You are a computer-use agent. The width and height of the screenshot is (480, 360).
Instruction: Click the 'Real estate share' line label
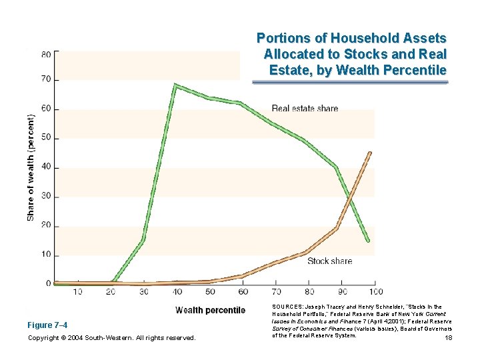pos(305,109)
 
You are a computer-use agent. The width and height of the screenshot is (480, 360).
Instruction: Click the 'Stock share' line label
pos(329,261)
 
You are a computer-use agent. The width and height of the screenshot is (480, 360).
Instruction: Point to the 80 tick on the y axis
pos(46,55)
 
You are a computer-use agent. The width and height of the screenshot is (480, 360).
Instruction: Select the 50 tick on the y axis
pos(46,139)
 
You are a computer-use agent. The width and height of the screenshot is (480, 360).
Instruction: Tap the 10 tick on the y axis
pos(46,255)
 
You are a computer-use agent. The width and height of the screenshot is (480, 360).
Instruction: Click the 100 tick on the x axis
pos(375,292)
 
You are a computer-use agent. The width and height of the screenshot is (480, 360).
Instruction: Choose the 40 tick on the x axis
pos(177,292)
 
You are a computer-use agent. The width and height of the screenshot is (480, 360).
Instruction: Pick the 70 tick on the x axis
pos(276,292)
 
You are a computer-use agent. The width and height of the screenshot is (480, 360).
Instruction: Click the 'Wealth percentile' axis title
pos(210,310)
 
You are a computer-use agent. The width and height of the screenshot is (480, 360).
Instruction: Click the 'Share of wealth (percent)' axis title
pos(31,167)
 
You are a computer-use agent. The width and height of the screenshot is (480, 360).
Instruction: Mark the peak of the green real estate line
pos(175,85)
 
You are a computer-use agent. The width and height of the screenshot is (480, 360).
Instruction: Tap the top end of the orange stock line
pos(369,153)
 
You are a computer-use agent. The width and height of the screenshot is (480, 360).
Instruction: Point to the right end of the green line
pos(367,240)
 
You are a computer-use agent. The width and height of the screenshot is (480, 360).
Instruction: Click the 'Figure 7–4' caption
pos(47,325)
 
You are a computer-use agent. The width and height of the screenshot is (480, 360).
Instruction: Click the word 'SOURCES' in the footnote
pos(287,307)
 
